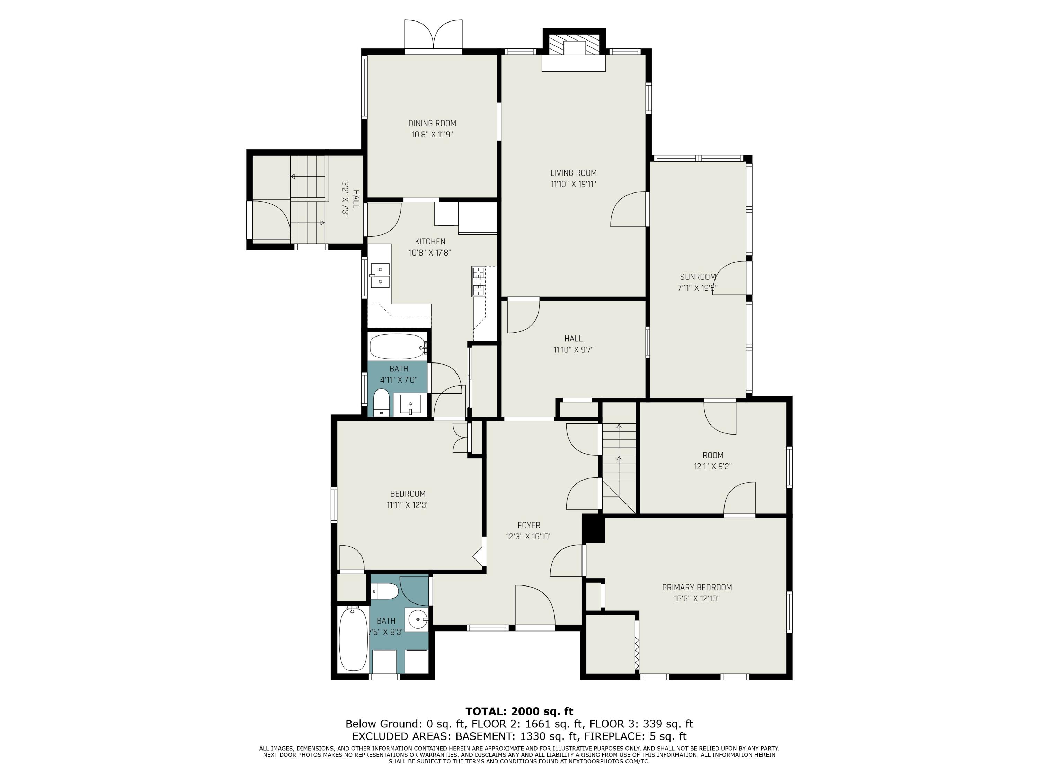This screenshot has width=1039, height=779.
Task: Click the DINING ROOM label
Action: (432, 124)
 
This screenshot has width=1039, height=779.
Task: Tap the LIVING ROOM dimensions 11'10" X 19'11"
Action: (574, 184)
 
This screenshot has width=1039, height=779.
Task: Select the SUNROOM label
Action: (698, 277)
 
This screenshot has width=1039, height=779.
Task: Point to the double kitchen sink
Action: (380, 275)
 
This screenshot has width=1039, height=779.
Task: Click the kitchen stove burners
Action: (478, 281)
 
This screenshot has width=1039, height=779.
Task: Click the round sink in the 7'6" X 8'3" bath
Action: (417, 620)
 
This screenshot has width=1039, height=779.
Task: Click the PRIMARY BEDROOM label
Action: (697, 588)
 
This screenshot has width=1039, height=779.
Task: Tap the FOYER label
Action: (529, 526)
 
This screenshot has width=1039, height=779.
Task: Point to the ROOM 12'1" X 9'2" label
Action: (713, 460)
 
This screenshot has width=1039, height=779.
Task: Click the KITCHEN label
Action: (430, 241)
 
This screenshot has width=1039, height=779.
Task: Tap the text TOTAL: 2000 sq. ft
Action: (519, 711)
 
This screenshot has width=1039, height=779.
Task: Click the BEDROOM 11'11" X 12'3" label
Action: (408, 500)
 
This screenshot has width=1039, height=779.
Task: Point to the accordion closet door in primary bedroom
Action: (637, 653)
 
